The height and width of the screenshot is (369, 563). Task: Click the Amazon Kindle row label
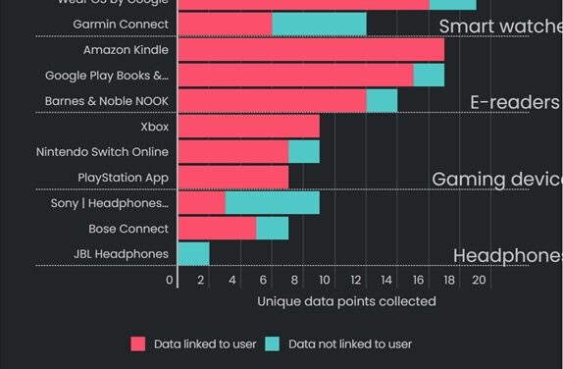(x=126, y=50)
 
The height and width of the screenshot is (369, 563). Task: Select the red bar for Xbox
(x=248, y=127)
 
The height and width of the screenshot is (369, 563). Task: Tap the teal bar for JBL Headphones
(x=193, y=253)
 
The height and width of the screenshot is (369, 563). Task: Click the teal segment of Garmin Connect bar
(x=319, y=25)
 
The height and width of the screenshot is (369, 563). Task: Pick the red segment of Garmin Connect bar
(x=225, y=25)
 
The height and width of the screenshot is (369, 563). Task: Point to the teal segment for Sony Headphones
(x=272, y=203)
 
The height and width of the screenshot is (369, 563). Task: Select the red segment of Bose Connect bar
(x=217, y=229)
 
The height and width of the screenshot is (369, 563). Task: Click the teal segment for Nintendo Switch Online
(x=303, y=152)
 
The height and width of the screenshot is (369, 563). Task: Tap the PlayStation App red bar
(x=232, y=178)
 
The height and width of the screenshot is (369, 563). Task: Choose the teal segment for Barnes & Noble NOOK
(x=382, y=101)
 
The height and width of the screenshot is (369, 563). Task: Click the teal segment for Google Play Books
(x=429, y=76)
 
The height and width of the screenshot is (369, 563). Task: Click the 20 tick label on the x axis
(x=480, y=280)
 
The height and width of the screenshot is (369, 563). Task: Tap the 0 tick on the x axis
(x=171, y=280)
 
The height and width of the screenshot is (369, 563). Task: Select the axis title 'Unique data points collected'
(x=346, y=301)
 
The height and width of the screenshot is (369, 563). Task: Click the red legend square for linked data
(x=138, y=343)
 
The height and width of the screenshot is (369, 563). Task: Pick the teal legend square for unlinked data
(x=273, y=343)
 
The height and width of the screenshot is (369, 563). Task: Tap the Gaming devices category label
(x=496, y=179)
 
